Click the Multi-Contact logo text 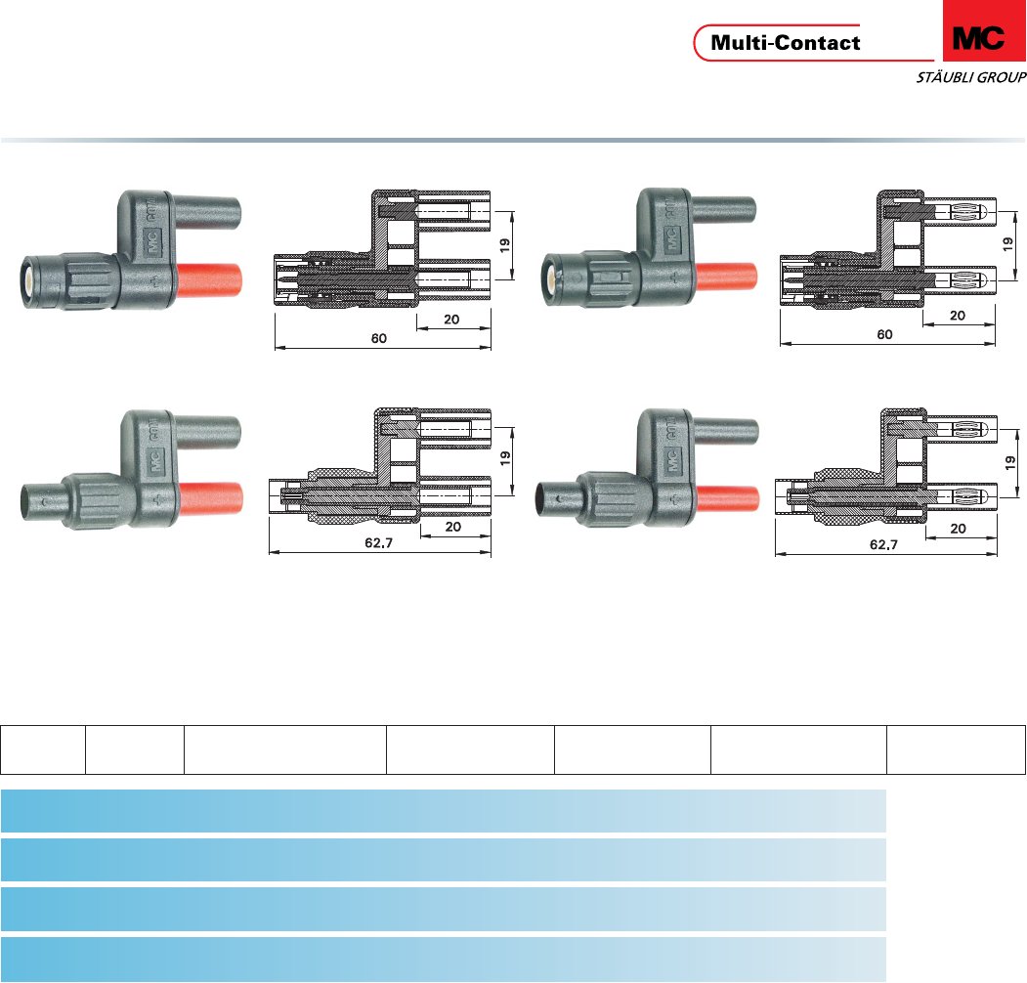[786, 43]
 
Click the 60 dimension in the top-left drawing [378, 338]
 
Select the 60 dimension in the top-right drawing [884, 335]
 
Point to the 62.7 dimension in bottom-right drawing [883, 544]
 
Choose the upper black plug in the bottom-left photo [209, 429]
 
